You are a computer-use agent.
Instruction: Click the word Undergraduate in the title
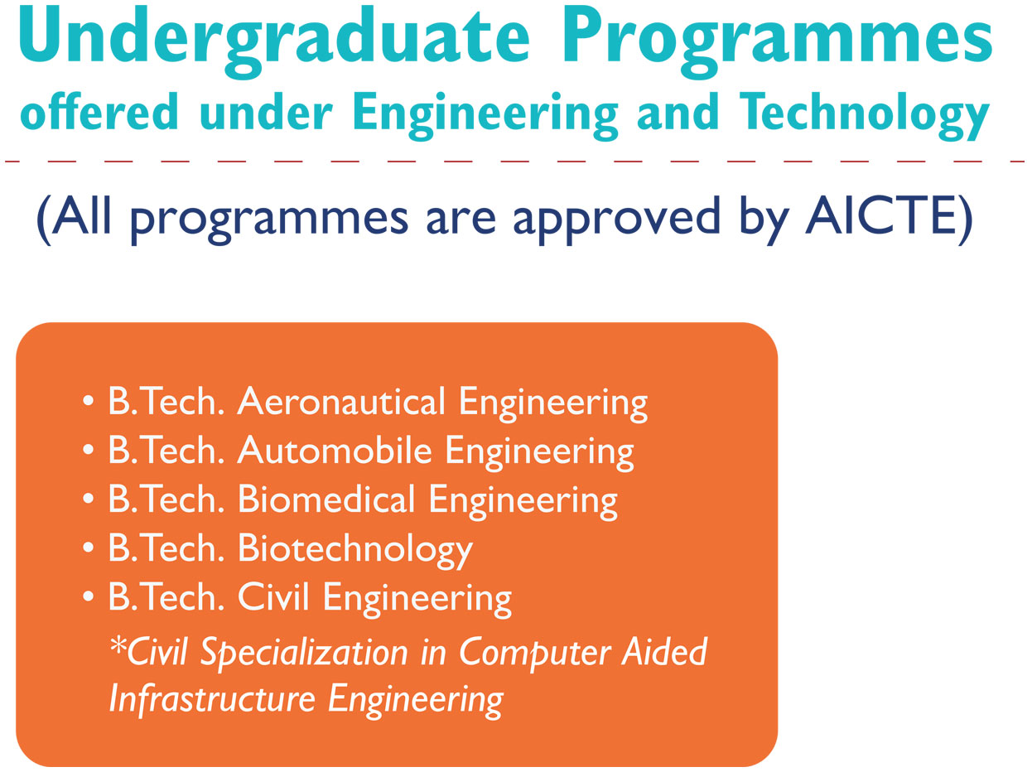pos(275,41)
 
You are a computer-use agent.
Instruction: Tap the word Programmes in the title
pos(777,41)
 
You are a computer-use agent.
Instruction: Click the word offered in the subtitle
pos(99,111)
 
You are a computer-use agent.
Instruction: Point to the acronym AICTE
pos(881,217)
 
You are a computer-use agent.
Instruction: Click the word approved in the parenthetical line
pos(617,220)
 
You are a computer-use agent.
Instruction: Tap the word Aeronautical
pos(341,401)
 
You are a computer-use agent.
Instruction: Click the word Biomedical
pos(326,499)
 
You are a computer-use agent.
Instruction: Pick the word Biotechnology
pos(355,550)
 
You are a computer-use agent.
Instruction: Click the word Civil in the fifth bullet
pos(273,596)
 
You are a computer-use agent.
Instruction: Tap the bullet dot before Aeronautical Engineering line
pos(88,402)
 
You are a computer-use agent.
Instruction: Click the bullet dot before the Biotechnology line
pos(88,548)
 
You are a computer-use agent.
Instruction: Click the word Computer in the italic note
pos(533,654)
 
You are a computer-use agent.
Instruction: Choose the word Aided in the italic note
pos(664,651)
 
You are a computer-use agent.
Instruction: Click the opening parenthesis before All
pos(44,220)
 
